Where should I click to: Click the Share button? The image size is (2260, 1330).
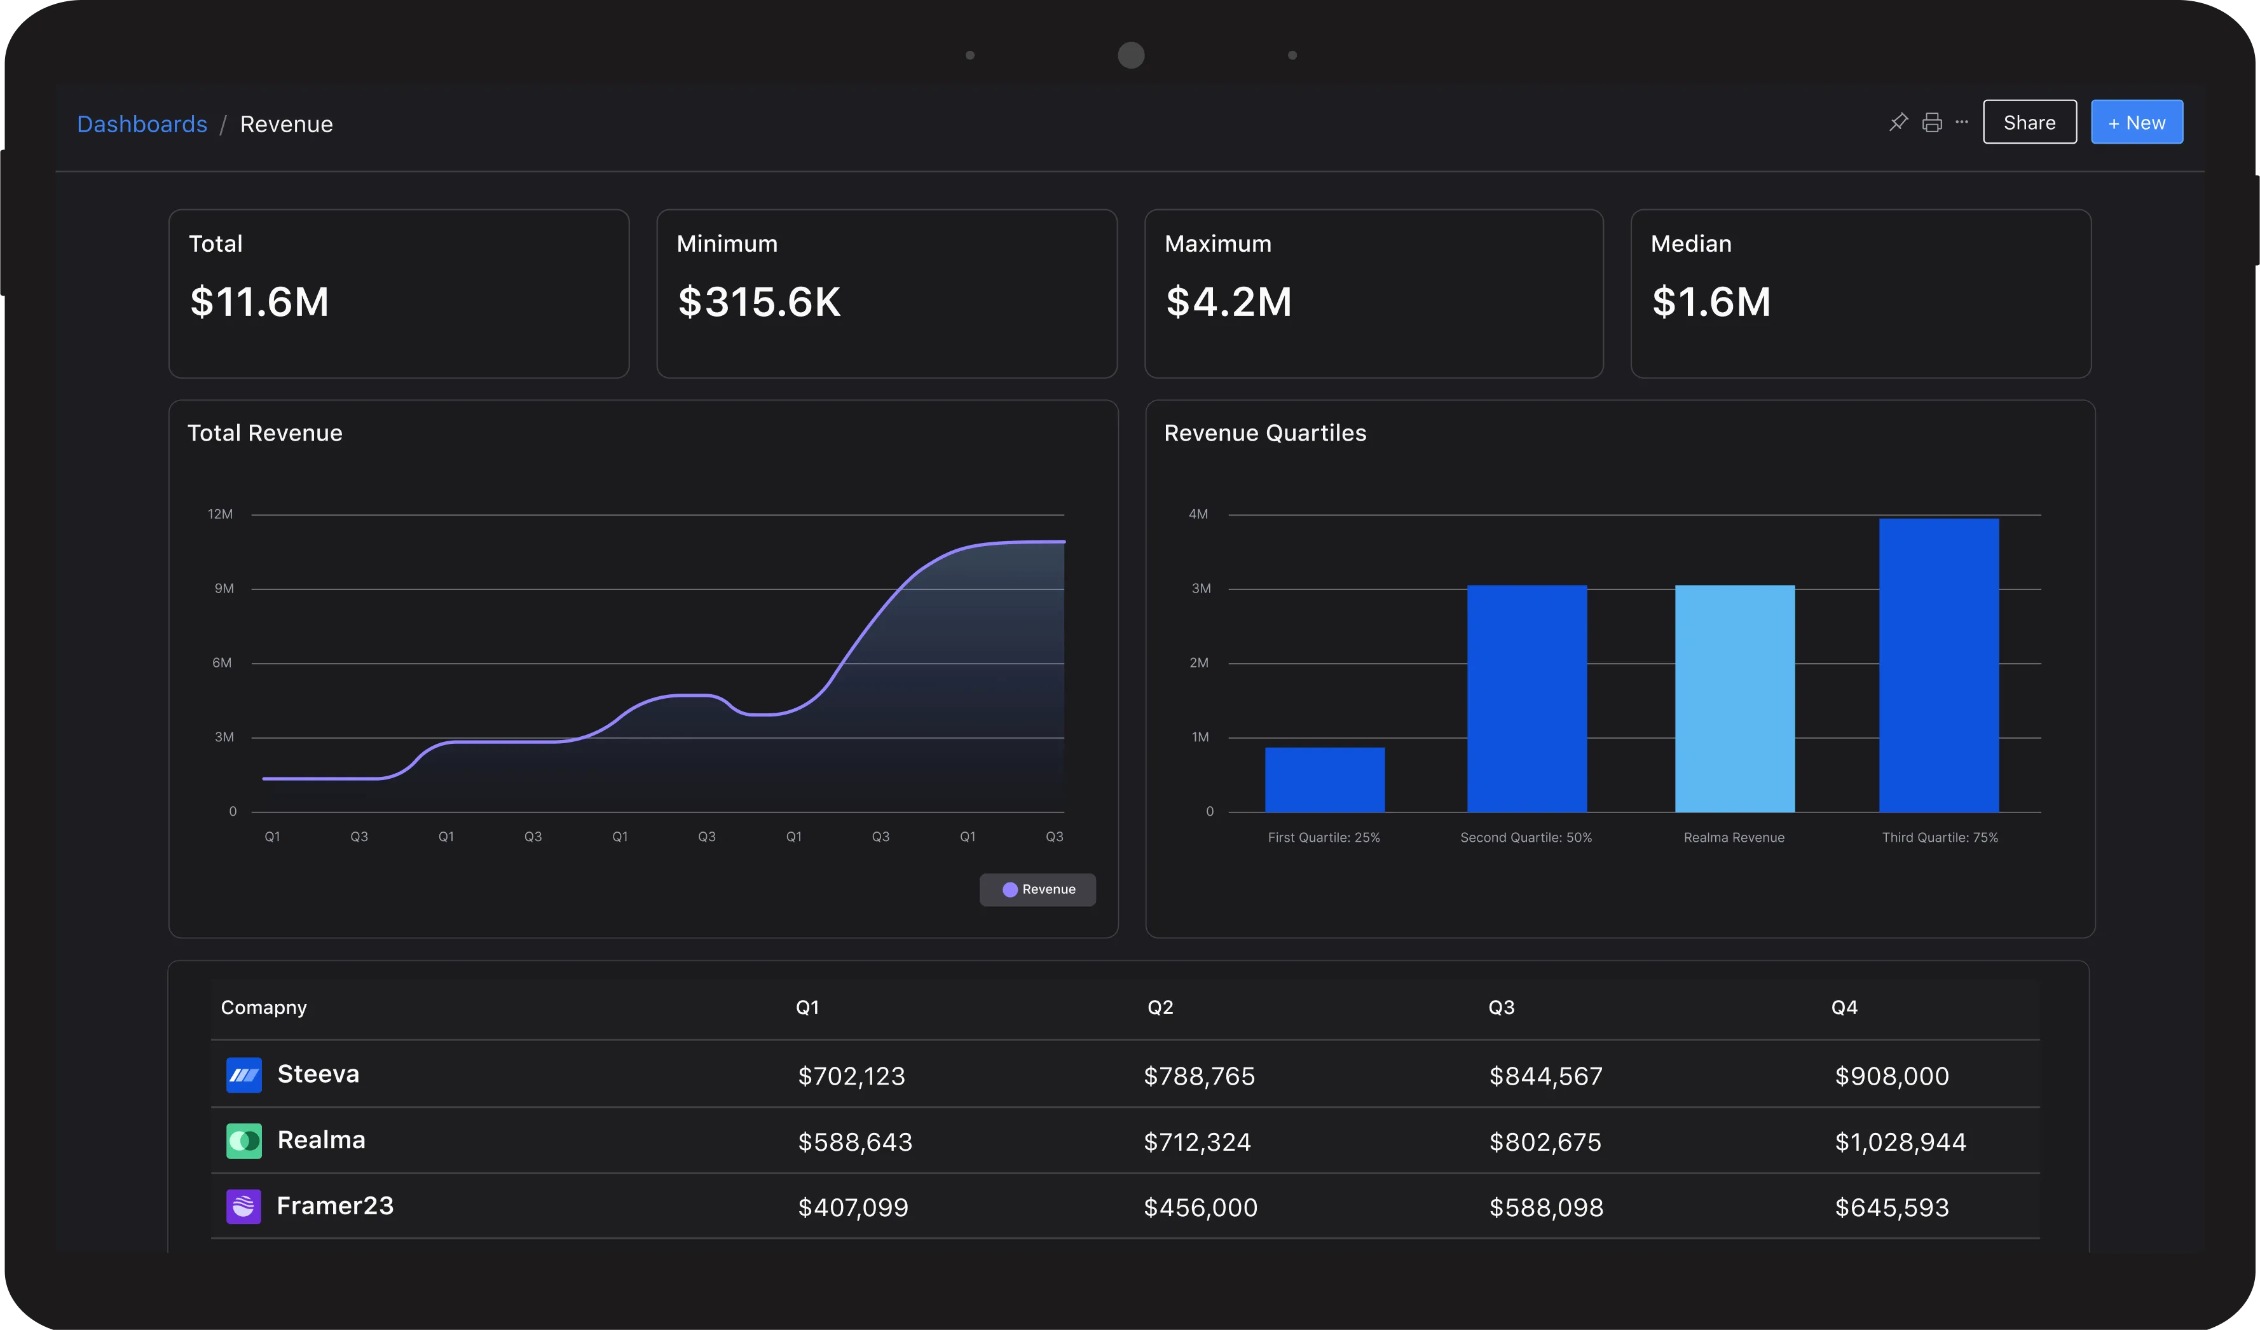pyautogui.click(x=2029, y=123)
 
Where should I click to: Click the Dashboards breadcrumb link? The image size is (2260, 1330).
pyautogui.click(x=142, y=124)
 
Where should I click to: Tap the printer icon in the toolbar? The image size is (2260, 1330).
pyautogui.click(x=1932, y=123)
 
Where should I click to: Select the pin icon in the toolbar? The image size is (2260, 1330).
pyautogui.click(x=1898, y=122)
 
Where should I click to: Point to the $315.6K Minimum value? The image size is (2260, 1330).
pyautogui.click(x=758, y=301)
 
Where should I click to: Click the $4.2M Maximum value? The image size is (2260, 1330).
pyautogui.click(x=1228, y=301)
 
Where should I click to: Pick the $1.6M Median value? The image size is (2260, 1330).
pyautogui.click(x=1710, y=301)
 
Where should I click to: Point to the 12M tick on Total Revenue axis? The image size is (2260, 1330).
pyautogui.click(x=220, y=514)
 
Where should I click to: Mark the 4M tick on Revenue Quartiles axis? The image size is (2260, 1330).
pyautogui.click(x=1198, y=514)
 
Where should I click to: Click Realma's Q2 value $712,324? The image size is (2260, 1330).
pyautogui.click(x=1196, y=1142)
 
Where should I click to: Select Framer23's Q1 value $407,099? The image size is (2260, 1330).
pyautogui.click(x=853, y=1207)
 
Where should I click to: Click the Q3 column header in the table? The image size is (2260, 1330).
pyautogui.click(x=1502, y=1007)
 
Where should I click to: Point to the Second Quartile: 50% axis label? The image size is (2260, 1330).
pyautogui.click(x=1526, y=838)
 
